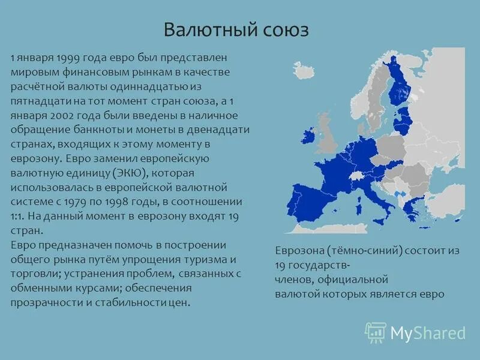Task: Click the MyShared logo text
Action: click(427, 332)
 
